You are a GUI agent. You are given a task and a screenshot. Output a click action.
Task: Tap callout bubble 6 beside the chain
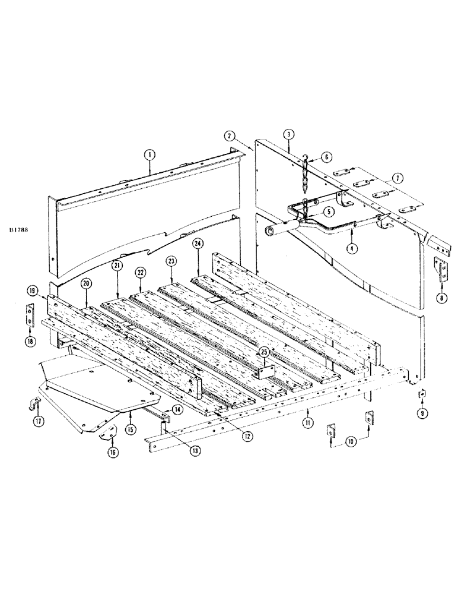326,157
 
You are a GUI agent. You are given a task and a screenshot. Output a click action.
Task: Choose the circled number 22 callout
139,271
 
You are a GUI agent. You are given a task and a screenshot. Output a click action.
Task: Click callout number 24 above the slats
197,244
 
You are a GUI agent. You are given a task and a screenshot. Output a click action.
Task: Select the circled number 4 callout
352,248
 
